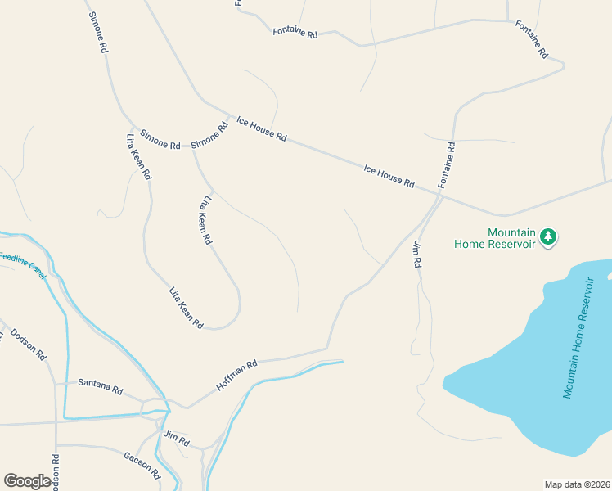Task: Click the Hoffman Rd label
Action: click(x=236, y=373)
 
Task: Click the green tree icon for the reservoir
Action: click(x=548, y=237)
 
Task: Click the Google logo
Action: click(x=27, y=480)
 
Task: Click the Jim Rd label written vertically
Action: click(x=416, y=255)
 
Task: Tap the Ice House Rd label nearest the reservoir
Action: click(x=389, y=175)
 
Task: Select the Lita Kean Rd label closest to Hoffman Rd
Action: click(x=186, y=308)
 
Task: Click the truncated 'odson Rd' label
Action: click(x=56, y=472)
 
